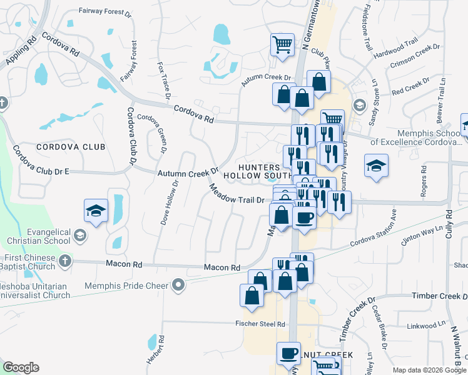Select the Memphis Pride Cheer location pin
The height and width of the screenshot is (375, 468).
(x=179, y=286)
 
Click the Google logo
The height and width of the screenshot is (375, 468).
(x=21, y=367)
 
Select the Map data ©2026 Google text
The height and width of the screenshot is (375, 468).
(x=429, y=370)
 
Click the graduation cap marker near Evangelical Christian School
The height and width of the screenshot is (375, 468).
(x=96, y=210)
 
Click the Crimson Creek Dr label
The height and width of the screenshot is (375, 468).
(x=415, y=56)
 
